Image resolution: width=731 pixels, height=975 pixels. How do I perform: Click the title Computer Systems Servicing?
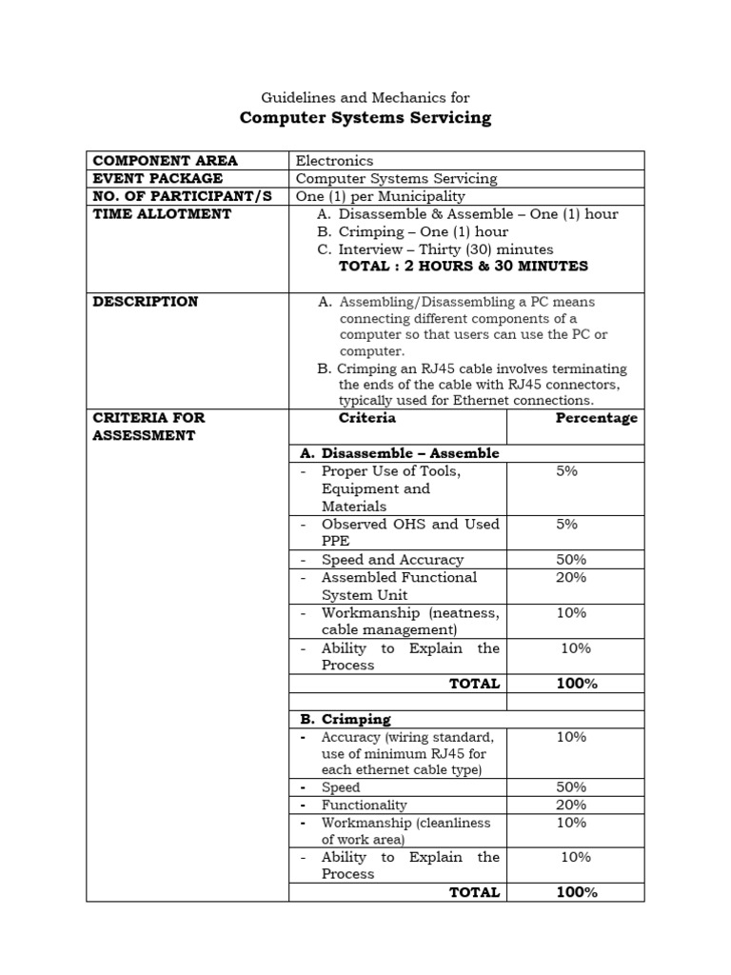click(365, 118)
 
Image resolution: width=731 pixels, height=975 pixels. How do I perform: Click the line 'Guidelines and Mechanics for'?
click(365, 97)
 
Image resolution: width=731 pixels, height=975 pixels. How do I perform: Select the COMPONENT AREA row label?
click(165, 160)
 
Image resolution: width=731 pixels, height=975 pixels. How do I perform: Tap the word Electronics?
click(334, 161)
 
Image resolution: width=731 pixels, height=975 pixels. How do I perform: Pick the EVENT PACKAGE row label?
click(157, 178)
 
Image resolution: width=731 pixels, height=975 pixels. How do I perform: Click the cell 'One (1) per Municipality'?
click(381, 196)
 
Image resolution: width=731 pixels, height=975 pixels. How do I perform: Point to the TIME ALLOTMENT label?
click(162, 214)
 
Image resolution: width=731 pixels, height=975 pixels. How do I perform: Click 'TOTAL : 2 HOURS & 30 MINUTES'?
click(464, 267)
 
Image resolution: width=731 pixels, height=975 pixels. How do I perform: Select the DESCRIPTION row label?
click(146, 302)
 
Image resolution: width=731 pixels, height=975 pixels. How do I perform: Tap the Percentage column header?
click(597, 418)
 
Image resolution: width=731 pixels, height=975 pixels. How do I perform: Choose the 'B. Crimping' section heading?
click(346, 719)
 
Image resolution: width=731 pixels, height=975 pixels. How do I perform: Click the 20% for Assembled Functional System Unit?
click(572, 577)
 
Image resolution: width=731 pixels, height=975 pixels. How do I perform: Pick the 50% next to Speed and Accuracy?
click(572, 560)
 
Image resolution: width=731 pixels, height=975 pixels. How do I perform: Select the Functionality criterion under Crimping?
click(365, 806)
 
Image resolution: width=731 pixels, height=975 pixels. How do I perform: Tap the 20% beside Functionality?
click(572, 806)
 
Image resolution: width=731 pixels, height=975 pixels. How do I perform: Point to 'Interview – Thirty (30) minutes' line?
click(445, 249)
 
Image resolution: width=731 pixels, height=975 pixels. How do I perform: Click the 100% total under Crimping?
click(577, 892)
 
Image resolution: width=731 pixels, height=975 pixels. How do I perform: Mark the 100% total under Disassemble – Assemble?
click(577, 684)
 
